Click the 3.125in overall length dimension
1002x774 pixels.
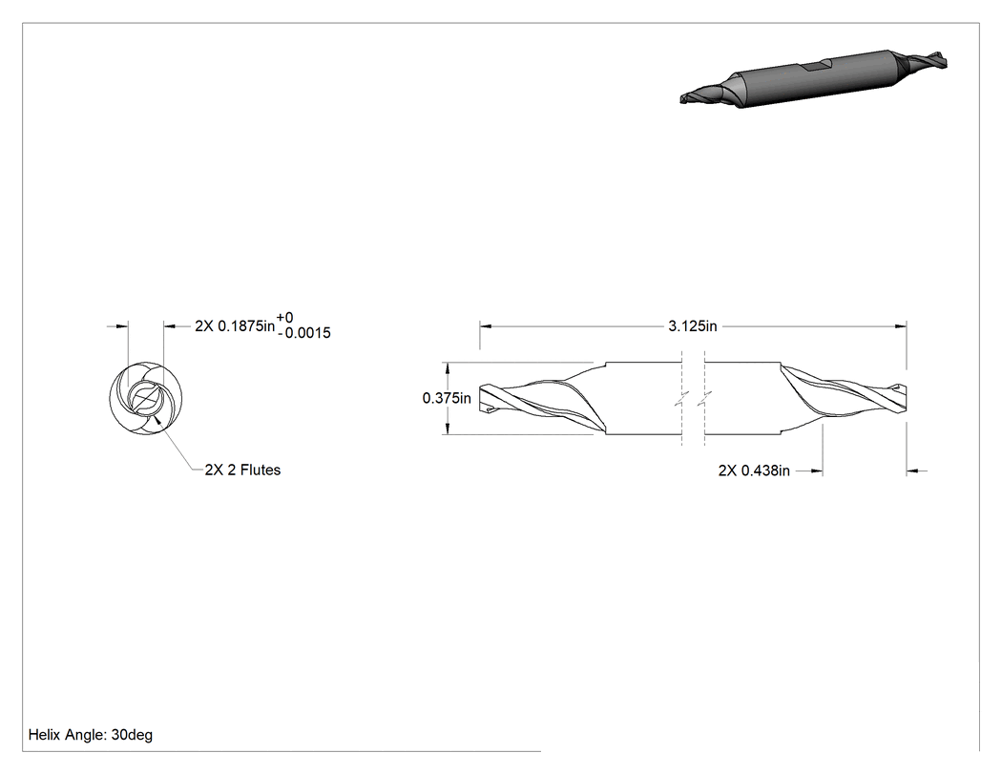[x=693, y=326]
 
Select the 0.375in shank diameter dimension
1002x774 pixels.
[x=447, y=398]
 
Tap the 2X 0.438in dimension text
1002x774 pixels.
[x=754, y=471]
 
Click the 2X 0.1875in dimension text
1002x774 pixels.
[x=235, y=326]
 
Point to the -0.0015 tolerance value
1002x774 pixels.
[x=304, y=333]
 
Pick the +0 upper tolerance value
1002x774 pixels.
[x=285, y=318]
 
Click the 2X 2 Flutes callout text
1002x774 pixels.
[x=242, y=470]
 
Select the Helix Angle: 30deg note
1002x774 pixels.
[x=91, y=735]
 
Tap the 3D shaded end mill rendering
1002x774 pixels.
[x=813, y=78]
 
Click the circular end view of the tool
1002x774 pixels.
[x=146, y=399]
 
